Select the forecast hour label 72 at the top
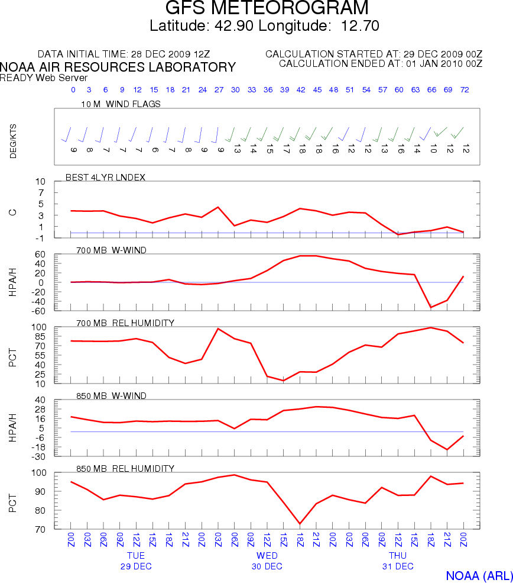click(x=465, y=90)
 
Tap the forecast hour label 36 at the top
click(x=268, y=90)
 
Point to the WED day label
click(x=267, y=556)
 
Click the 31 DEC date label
click(x=398, y=566)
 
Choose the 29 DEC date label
click(x=136, y=566)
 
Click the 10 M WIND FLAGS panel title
click(x=121, y=104)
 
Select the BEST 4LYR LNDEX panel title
click(x=109, y=177)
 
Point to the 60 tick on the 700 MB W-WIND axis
click(x=41, y=255)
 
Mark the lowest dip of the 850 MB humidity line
click(x=300, y=524)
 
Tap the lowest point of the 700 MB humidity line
click(x=284, y=381)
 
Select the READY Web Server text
click(x=44, y=78)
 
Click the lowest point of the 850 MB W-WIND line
click(x=447, y=450)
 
